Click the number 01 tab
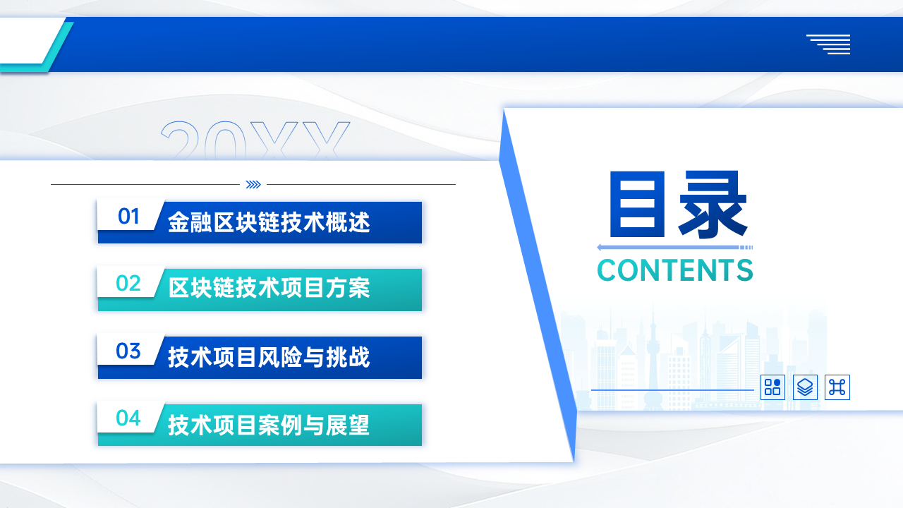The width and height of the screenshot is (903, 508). click(129, 216)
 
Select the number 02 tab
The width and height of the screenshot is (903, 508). click(129, 283)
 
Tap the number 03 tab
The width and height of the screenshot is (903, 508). click(129, 351)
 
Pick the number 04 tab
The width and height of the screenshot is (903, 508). click(129, 418)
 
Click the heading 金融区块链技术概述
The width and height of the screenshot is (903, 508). click(269, 222)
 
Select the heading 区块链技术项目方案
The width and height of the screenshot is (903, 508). click(269, 288)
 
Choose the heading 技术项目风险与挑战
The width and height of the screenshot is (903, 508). click(269, 357)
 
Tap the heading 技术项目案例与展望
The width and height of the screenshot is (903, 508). click(269, 425)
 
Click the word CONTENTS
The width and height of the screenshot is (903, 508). click(675, 270)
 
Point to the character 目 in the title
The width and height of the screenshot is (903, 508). click(637, 204)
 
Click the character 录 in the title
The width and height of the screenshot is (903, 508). click(713, 205)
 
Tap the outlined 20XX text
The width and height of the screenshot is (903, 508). click(255, 140)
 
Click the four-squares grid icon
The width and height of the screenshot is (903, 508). click(772, 387)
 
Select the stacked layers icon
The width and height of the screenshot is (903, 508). click(805, 387)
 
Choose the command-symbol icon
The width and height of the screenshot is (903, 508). click(837, 387)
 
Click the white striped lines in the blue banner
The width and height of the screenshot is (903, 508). click(828, 44)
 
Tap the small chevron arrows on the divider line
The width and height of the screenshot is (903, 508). click(253, 185)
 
